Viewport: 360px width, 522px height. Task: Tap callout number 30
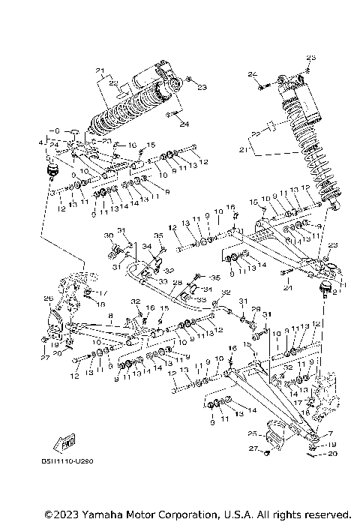tap(108, 235)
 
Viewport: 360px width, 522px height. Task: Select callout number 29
tap(255, 309)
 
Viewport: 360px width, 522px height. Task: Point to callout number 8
tap(111, 316)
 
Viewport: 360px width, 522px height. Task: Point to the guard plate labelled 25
tap(269, 436)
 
